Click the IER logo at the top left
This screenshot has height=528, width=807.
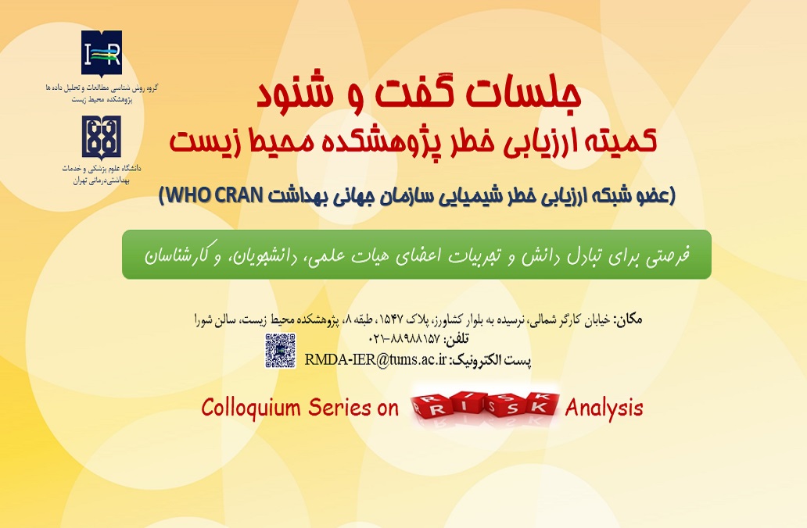coord(102,52)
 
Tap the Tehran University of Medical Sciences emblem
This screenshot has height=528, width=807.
coord(102,137)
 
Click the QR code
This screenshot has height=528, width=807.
coord(281,351)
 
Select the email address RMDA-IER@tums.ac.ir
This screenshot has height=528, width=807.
coord(375,359)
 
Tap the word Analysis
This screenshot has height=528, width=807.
coord(604,408)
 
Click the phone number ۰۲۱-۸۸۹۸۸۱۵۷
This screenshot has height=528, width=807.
coord(404,339)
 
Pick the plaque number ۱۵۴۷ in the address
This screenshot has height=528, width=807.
coord(389,319)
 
